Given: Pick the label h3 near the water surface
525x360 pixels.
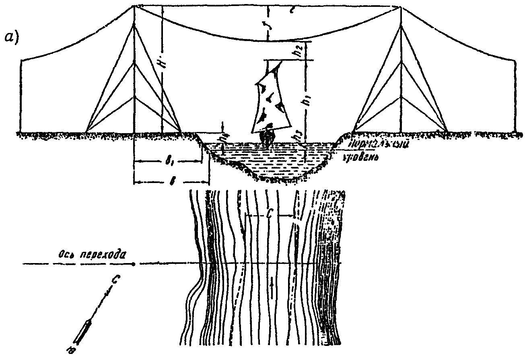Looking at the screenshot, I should point(298,137).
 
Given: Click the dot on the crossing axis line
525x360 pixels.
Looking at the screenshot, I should point(134,264).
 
